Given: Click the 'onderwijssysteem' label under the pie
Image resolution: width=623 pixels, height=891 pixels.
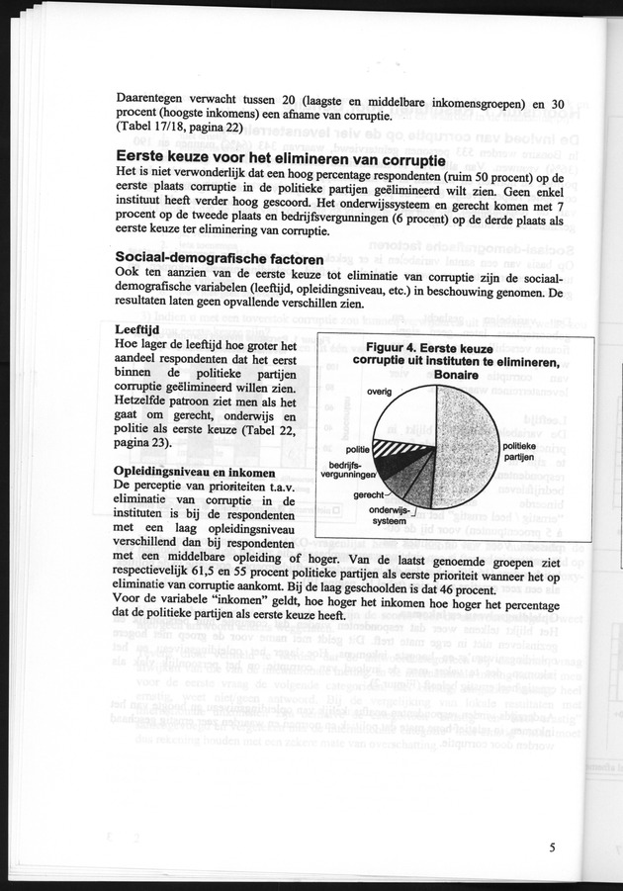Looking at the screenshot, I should (388, 514).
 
